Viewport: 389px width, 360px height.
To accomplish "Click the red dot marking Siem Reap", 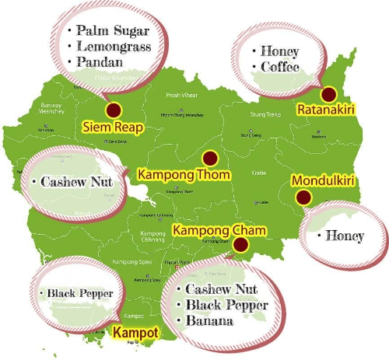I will coord(114,110).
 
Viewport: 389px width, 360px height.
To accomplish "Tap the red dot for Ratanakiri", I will coord(328,95).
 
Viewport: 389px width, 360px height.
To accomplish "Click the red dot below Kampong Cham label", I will coord(241,246).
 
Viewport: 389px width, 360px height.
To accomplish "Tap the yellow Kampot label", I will coord(136,333).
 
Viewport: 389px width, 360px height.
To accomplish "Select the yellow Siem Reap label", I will coord(112,127).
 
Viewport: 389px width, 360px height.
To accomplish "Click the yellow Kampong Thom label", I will coord(184,173).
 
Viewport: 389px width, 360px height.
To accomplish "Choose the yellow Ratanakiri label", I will coord(326,110).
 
